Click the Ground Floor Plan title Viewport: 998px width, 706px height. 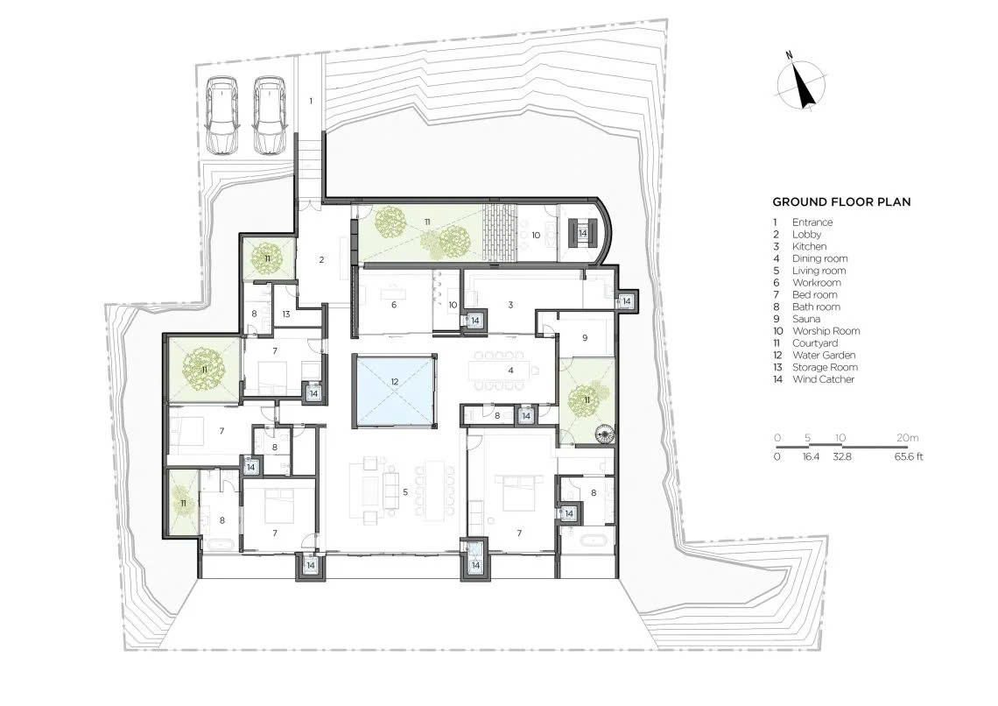point(841,202)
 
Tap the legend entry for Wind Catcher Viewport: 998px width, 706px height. point(813,379)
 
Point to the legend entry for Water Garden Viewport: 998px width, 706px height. point(814,356)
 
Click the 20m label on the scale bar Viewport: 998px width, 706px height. point(908,438)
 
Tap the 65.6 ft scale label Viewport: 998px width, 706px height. point(909,456)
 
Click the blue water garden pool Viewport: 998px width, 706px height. point(395,391)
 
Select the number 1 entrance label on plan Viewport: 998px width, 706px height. point(312,101)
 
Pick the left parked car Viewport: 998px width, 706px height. point(221,115)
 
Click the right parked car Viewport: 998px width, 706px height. point(270,115)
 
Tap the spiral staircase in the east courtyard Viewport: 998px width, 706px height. point(602,435)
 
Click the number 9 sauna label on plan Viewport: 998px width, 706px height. point(585,338)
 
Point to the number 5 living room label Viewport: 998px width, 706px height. point(404,492)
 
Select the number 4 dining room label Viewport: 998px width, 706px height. point(510,370)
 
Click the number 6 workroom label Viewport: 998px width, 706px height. point(394,305)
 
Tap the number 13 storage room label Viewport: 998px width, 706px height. point(286,314)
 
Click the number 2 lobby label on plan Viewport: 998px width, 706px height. point(322,260)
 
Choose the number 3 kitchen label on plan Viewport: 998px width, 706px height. point(510,305)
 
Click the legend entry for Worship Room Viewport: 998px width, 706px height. point(816,331)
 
